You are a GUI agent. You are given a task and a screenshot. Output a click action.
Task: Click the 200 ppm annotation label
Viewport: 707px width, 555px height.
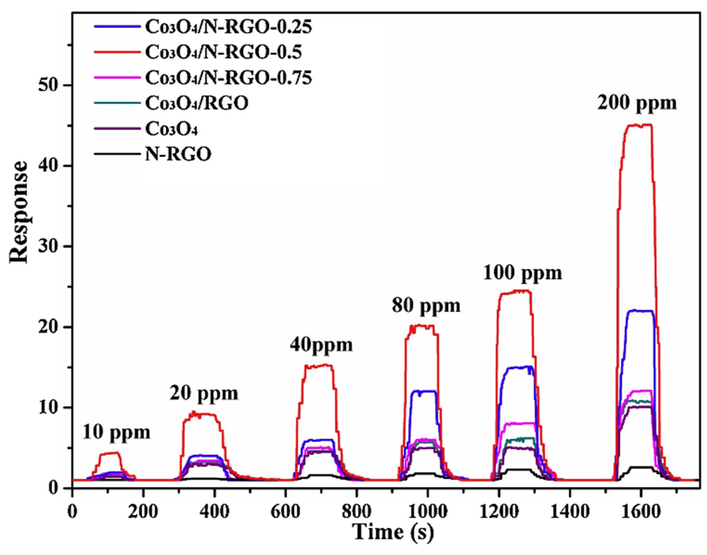click(637, 103)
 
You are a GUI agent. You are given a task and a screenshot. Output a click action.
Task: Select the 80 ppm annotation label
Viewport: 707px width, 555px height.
click(426, 305)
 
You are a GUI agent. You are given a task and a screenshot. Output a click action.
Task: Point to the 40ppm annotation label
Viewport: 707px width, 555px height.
click(321, 345)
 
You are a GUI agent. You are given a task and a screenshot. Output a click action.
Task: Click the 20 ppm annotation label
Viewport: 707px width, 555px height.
click(204, 394)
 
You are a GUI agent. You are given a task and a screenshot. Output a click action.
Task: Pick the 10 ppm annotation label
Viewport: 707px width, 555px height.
click(116, 432)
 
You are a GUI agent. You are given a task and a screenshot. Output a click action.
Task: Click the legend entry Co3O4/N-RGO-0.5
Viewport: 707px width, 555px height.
click(223, 53)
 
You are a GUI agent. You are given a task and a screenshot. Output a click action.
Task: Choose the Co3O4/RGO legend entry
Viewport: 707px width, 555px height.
click(197, 103)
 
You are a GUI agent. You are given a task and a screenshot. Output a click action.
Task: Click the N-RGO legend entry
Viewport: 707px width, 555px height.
click(178, 154)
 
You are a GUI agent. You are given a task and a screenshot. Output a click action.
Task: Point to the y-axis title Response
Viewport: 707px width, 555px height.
click(19, 212)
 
